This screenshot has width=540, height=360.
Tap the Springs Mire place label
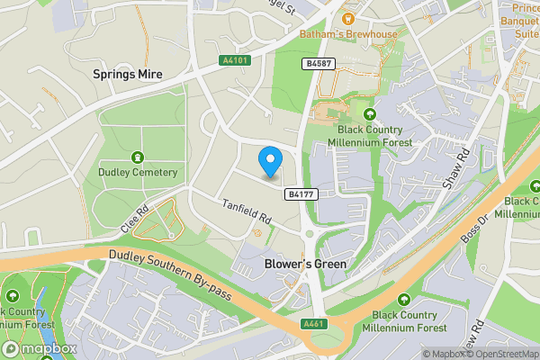point(127,75)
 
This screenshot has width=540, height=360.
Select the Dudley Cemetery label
point(138,173)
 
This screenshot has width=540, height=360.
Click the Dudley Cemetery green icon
point(138,157)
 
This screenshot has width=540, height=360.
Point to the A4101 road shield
point(233,61)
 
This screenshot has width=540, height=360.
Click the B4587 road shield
point(318,63)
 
